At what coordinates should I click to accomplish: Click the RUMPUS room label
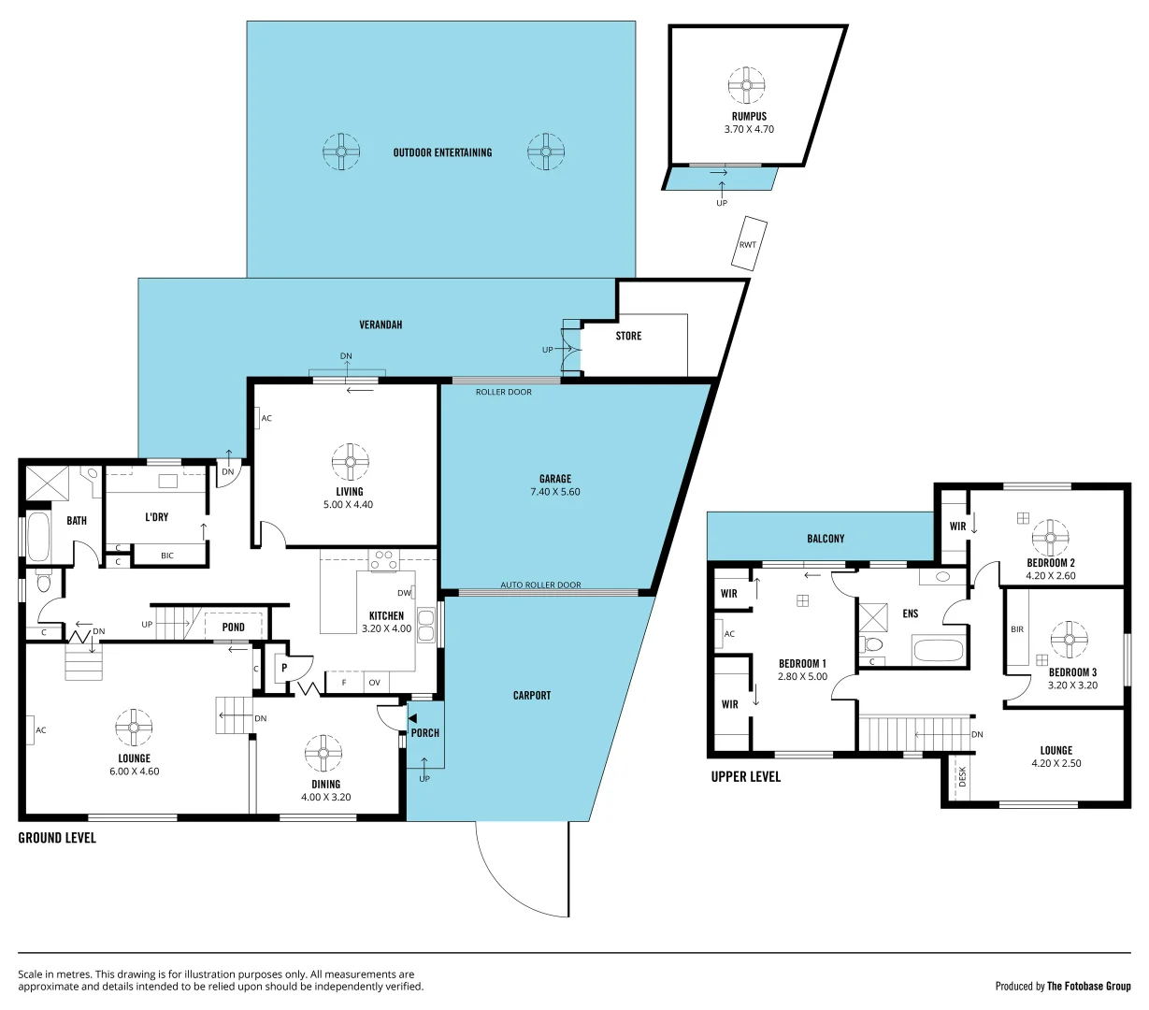pyautogui.click(x=748, y=117)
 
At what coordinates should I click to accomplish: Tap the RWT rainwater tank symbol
pyautogui.click(x=748, y=244)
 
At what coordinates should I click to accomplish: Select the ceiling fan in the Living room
pyautogui.click(x=350, y=461)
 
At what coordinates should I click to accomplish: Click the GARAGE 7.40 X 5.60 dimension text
pyautogui.click(x=554, y=492)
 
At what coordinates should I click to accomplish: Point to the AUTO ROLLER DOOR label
pyautogui.click(x=540, y=585)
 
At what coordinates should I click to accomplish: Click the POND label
pyautogui.click(x=234, y=628)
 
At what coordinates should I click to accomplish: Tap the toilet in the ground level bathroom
pyautogui.click(x=43, y=582)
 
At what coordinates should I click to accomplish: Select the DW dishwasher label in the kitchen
pyautogui.click(x=404, y=593)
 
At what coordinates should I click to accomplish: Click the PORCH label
pyautogui.click(x=424, y=733)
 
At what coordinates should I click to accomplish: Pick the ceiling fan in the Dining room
pyautogui.click(x=323, y=754)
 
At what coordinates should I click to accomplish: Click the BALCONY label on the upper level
pyautogui.click(x=826, y=539)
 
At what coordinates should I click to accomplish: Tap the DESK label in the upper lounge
pyautogui.click(x=962, y=776)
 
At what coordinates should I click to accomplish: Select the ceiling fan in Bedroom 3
pyautogui.click(x=1069, y=640)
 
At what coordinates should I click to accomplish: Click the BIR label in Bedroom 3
pyautogui.click(x=1017, y=629)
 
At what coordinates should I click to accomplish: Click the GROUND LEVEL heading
pyautogui.click(x=57, y=838)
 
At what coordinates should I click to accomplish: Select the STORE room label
pyautogui.click(x=628, y=336)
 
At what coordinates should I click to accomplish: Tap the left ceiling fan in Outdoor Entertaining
pyautogui.click(x=341, y=151)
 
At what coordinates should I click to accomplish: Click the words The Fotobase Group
pyautogui.click(x=1088, y=986)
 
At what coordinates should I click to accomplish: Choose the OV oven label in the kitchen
pyautogui.click(x=374, y=683)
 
